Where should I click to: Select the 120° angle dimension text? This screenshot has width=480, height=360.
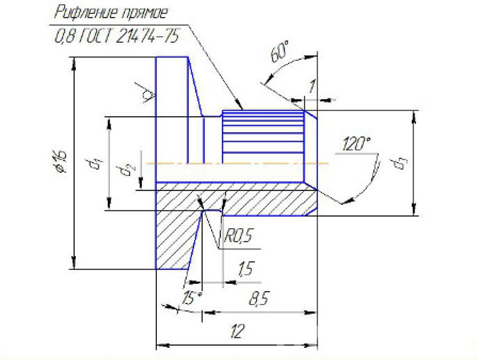click(x=356, y=144)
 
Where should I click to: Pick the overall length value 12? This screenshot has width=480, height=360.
click(x=236, y=332)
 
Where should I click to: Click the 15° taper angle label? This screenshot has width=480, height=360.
click(x=192, y=298)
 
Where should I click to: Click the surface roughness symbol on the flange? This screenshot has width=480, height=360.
click(x=147, y=96)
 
